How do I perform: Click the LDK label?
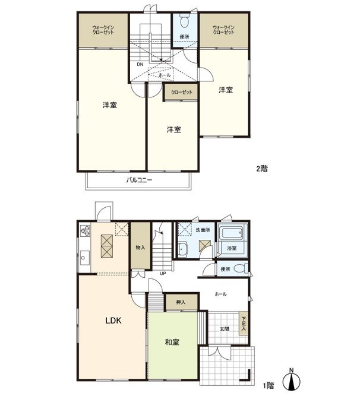coord(113,321)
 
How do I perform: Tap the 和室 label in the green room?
coord(173,341)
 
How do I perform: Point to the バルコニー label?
coord(139,180)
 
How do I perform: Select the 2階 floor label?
coord(262,169)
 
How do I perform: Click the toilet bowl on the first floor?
coord(239,270)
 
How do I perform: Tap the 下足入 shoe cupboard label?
coord(244,325)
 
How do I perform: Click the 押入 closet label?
coord(181,303)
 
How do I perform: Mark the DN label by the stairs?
coord(140,64)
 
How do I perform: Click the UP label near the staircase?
coord(162,274)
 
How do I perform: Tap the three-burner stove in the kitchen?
coord(83,231)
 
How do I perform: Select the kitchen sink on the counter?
coord(83,258)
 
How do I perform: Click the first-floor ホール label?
coord(220,294)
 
